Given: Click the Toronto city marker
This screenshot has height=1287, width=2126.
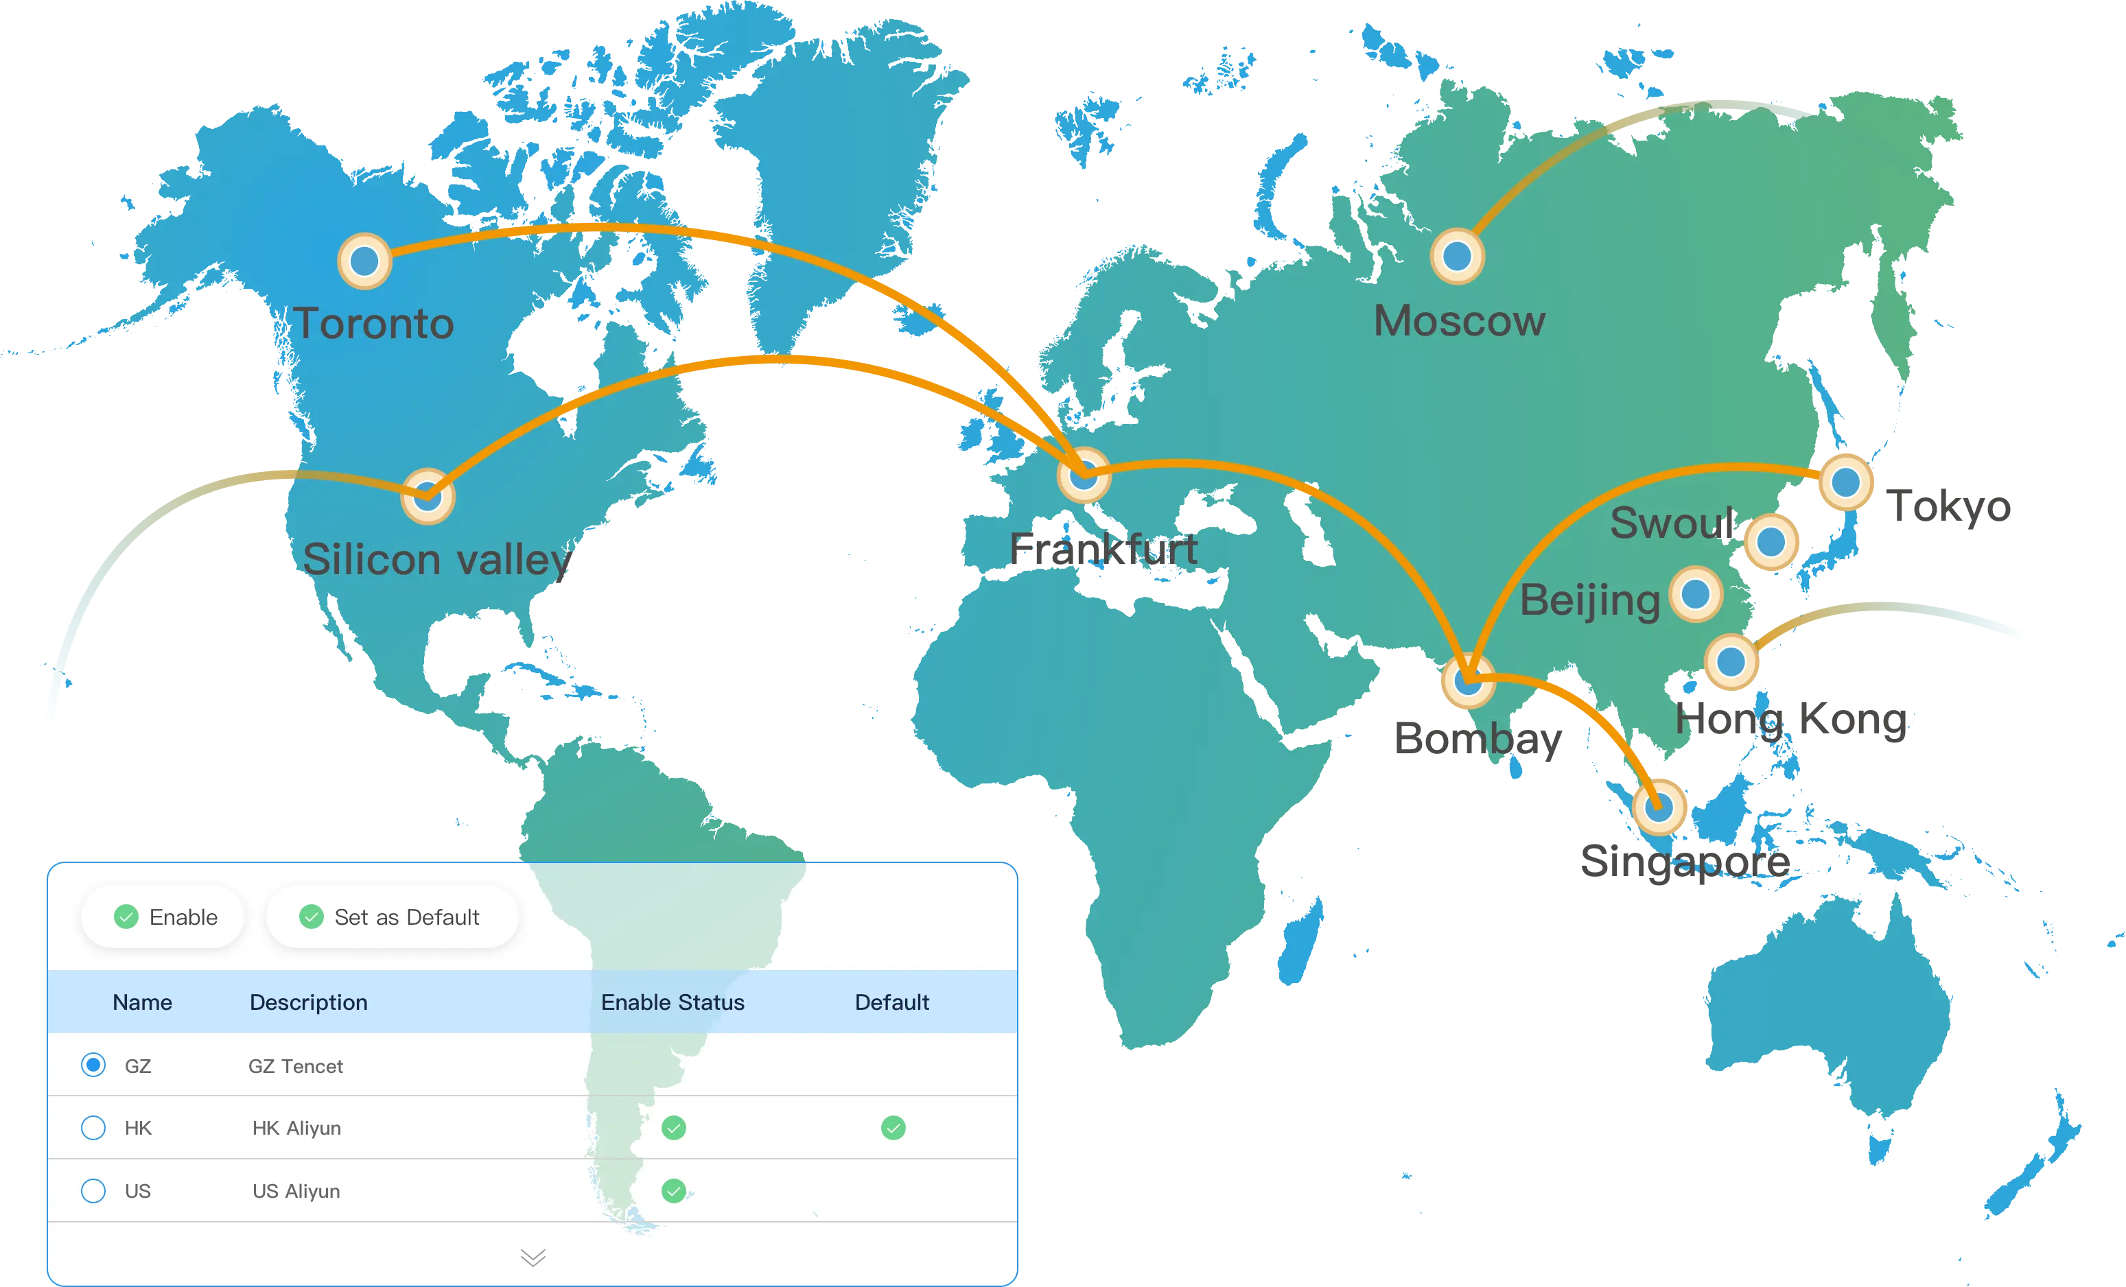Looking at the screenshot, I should point(364,261).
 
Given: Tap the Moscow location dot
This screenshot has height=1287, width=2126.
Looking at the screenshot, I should point(1458,256).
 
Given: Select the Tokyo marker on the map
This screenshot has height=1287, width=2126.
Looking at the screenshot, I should point(1845,482).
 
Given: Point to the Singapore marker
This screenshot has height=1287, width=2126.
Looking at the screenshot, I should point(1659,807).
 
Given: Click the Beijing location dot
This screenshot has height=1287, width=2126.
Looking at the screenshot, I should point(1696,593).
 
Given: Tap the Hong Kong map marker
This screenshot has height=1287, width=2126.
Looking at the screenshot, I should point(1731,661).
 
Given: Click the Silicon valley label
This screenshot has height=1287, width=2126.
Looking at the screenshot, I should point(436,560).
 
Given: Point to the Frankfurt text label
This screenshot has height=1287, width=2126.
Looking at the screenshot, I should point(1103,550).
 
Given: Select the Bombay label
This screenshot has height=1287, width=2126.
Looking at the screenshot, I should point(1478,740).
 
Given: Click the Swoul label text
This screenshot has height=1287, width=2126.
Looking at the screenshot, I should point(1672,523).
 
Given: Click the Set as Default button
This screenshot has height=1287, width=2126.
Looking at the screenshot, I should point(392,917).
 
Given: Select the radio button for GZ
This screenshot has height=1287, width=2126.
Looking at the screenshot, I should point(93,1065).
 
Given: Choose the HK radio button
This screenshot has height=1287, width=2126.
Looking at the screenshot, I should point(93,1127).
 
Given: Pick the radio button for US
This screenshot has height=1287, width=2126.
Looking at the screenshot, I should point(93,1190).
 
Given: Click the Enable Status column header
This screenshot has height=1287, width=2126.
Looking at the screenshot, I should point(672,1002).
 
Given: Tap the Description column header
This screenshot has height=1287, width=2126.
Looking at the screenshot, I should point(308,1002).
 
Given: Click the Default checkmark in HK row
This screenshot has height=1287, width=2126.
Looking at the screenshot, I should point(893,1127).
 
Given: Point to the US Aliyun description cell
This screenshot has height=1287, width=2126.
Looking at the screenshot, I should point(296,1190).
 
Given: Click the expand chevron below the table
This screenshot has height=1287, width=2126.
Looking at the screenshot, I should point(533,1258).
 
